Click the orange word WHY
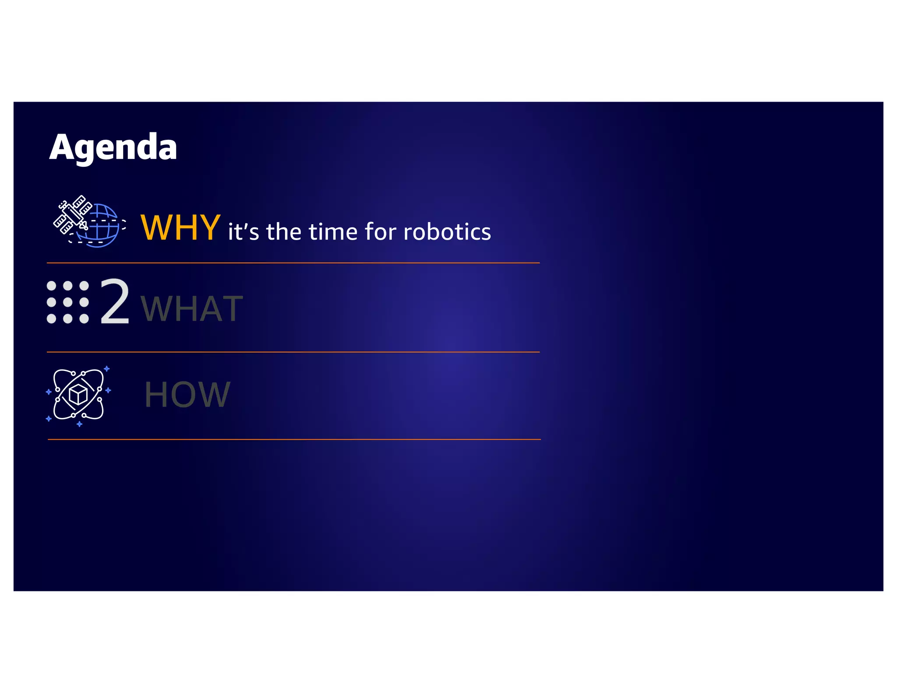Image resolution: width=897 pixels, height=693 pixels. coord(180,228)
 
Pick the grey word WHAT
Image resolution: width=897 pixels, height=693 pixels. coord(191,309)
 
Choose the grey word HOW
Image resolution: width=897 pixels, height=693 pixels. coord(187,395)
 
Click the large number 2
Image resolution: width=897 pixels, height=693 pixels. coord(115,302)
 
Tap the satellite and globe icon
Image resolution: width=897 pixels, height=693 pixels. coord(89,221)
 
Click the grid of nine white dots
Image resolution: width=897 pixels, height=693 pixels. coord(68,302)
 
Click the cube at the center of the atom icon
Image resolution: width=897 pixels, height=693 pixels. coord(78,395)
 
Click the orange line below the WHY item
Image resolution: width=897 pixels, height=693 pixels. coord(293,263)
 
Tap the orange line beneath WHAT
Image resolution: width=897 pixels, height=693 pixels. coord(293,352)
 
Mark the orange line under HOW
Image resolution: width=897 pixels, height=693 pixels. coord(294,439)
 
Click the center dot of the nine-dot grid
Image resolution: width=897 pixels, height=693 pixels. coord(68,302)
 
